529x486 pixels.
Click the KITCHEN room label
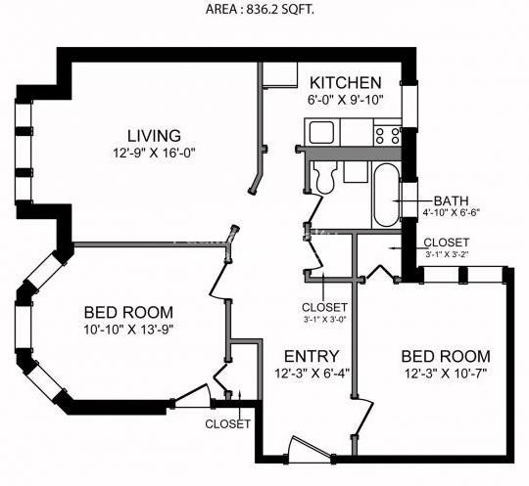click(346, 82)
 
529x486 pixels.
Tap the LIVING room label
click(154, 136)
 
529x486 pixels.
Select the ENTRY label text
click(312, 356)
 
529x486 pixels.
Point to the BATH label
click(451, 200)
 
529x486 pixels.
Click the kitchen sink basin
click(322, 132)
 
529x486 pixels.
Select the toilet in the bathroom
click(324, 176)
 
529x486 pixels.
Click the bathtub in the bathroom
click(387, 196)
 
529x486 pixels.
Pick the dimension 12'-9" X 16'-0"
click(154, 154)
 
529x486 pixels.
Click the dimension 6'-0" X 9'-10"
click(346, 100)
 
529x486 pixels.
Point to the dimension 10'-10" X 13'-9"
click(128, 330)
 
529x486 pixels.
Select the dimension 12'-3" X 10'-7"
click(446, 374)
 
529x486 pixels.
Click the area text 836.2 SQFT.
click(280, 10)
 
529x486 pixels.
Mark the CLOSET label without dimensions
click(227, 423)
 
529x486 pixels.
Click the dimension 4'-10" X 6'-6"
click(451, 213)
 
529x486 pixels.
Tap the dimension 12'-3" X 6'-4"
click(312, 374)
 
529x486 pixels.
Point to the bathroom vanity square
click(356, 172)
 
